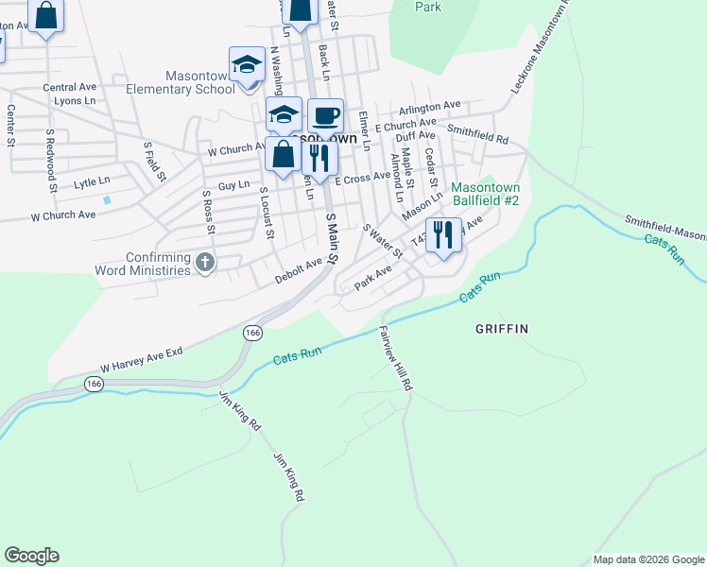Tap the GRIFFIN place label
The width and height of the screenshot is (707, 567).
tap(501, 329)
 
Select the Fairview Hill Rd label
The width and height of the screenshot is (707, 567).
tap(396, 359)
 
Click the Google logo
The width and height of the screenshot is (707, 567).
tap(31, 556)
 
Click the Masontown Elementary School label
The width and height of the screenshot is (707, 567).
tap(199, 82)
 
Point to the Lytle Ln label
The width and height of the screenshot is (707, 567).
tap(92, 180)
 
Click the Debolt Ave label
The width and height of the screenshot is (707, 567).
tap(299, 273)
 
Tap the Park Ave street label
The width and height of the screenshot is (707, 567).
tap(372, 277)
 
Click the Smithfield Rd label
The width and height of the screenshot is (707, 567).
tap(477, 134)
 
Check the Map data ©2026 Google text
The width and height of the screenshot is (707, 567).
tap(648, 559)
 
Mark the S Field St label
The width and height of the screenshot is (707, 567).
tap(155, 161)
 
